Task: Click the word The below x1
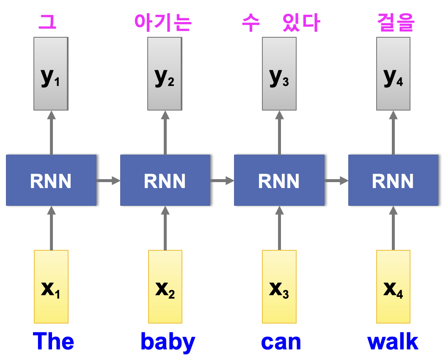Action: pyautogui.click(x=53, y=341)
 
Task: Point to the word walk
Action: pyautogui.click(x=393, y=341)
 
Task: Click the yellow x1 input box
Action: pyautogui.click(x=51, y=287)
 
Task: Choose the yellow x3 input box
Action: pyautogui.click(x=279, y=287)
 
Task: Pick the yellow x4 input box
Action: pyautogui.click(x=393, y=287)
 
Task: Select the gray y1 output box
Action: pyautogui.click(x=51, y=74)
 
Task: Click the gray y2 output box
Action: pyautogui.click(x=165, y=74)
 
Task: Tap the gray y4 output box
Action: pyautogui.click(x=393, y=74)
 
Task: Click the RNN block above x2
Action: pyautogui.click(x=165, y=180)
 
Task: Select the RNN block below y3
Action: pyautogui.click(x=279, y=180)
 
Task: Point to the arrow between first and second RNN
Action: pyautogui.click(x=108, y=181)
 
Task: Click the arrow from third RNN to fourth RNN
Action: pyautogui.click(x=336, y=181)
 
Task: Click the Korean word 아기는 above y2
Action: pyautogui.click(x=163, y=23)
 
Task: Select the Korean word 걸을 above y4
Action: pyautogui.click(x=395, y=23)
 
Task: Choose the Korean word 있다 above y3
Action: pyautogui.click(x=301, y=23)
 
